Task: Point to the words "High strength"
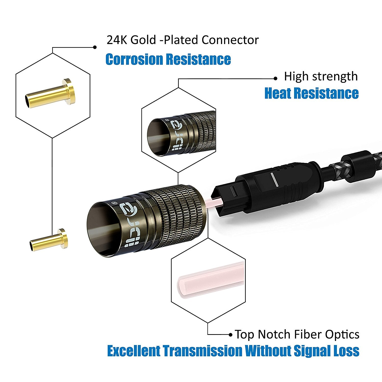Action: [321, 76]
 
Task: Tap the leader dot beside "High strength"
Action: [275, 78]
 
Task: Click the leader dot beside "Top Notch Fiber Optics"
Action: [230, 334]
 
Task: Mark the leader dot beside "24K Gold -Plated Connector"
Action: [95, 47]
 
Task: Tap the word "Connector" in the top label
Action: [230, 40]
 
